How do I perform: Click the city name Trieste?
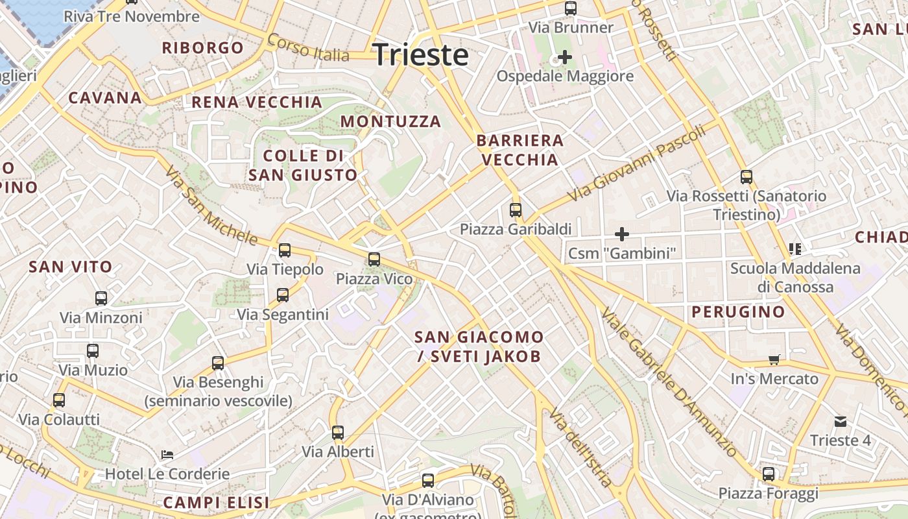420,55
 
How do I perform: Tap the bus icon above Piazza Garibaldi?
516,210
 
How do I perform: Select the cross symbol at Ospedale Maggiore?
565,57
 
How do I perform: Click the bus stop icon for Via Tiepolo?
284,250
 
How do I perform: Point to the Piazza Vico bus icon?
374,259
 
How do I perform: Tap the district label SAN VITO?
71,267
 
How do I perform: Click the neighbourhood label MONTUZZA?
390,121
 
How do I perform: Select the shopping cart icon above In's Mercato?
774,360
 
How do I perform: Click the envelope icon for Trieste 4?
841,422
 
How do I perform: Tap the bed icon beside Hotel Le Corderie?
167,455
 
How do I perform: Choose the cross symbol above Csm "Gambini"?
622,234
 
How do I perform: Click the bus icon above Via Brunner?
571,8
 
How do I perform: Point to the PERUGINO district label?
738,312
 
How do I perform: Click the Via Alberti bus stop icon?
338,433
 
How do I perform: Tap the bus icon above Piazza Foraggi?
769,474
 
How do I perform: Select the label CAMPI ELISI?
216,502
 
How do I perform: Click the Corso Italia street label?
308,48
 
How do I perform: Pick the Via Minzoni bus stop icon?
101,298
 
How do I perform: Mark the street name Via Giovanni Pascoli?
636,163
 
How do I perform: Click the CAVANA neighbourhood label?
105,98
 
